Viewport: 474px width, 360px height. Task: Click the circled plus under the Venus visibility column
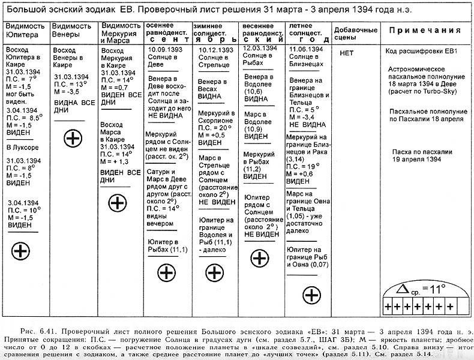click(x=73, y=139)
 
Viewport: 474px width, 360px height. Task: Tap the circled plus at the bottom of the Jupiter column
click(x=20, y=250)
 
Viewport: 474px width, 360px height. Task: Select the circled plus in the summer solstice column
click(x=311, y=295)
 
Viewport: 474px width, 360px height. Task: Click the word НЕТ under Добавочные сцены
click(x=346, y=52)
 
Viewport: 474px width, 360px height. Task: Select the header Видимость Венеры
click(x=72, y=30)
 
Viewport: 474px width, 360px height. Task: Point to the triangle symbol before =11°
click(x=402, y=289)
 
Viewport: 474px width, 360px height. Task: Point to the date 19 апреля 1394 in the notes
click(x=418, y=160)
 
